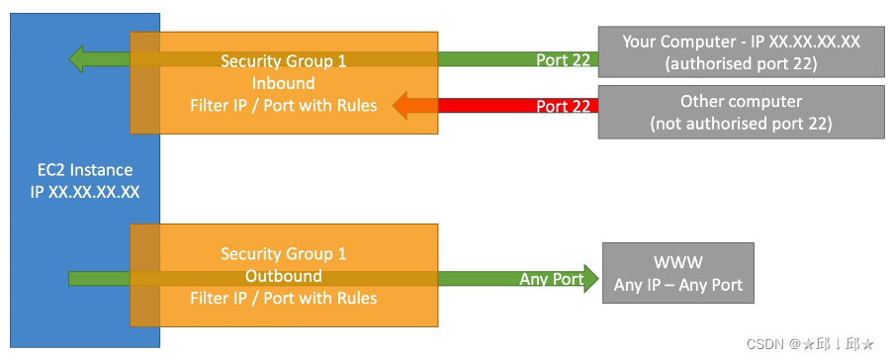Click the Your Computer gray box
point(741,51)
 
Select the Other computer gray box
point(741,113)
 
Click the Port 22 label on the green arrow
point(563,59)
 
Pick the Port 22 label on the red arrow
point(563,106)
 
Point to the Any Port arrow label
point(552,279)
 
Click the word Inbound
point(284,82)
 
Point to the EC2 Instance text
point(85,170)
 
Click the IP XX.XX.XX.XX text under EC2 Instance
point(85,191)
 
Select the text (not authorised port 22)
point(741,124)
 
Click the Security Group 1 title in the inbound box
point(284,61)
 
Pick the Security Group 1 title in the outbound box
point(284,254)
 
